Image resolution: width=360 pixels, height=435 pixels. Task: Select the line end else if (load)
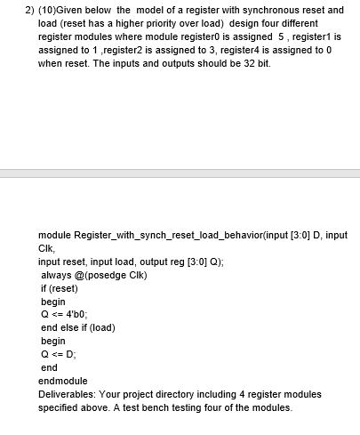pos(78,326)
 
